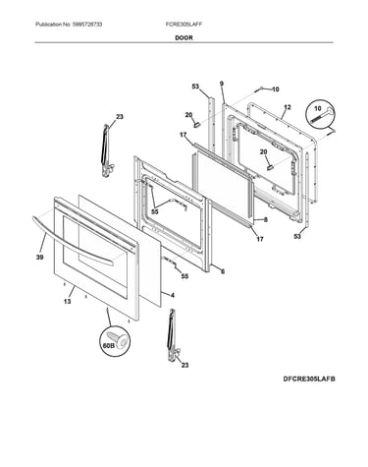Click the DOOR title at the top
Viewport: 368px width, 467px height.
point(184,37)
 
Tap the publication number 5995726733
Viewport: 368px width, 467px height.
point(87,25)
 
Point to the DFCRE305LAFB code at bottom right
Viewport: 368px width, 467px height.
point(309,379)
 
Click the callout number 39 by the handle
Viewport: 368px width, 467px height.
point(39,258)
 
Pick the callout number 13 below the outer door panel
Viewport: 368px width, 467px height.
point(68,301)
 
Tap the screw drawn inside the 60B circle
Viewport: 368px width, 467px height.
point(118,340)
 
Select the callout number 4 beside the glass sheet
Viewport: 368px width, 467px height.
point(173,295)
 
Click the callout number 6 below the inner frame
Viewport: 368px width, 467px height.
point(223,271)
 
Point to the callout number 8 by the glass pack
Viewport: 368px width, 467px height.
point(265,220)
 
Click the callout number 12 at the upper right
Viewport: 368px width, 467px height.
point(288,107)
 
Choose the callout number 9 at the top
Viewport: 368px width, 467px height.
point(222,84)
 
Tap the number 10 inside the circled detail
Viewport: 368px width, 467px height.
point(318,108)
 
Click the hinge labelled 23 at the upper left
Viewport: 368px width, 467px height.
point(106,150)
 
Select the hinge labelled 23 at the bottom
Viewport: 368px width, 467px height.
point(172,336)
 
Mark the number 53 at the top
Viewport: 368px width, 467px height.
point(195,87)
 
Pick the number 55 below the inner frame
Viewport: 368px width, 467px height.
point(184,276)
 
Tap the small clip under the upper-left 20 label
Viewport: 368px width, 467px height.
point(196,124)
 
